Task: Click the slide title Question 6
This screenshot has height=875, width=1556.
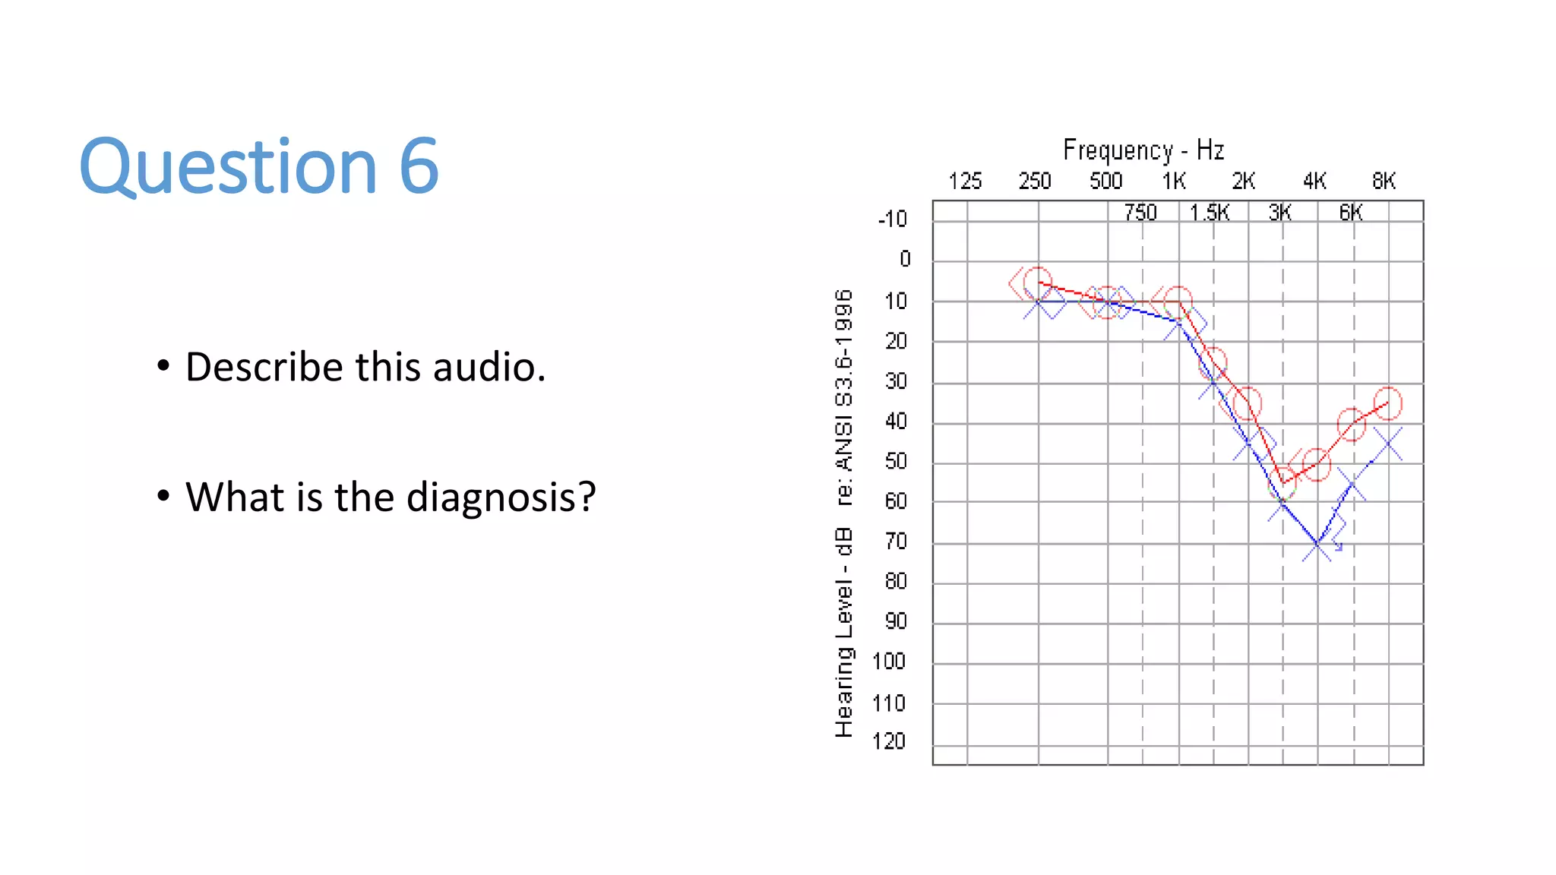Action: (259, 166)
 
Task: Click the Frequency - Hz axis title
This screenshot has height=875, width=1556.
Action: (1143, 150)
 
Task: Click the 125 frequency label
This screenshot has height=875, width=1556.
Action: (965, 182)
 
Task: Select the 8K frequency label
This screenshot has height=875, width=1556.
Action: (1384, 182)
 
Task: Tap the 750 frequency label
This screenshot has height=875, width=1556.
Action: (1140, 213)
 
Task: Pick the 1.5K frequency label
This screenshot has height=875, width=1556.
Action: (1209, 213)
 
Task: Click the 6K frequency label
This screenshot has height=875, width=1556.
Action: (1351, 213)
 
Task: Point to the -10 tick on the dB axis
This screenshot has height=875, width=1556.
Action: (893, 220)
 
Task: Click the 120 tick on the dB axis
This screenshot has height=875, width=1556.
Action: (889, 742)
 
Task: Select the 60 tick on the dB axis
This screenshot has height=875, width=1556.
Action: (896, 502)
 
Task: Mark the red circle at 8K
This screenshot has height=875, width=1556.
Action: (1388, 403)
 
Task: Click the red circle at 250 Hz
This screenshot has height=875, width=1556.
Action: (1037, 282)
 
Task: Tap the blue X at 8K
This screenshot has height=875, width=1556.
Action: (1388, 444)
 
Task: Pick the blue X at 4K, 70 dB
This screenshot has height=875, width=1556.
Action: (1317, 545)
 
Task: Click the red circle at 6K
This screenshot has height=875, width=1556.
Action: (1352, 424)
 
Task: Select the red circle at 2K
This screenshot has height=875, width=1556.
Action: (1248, 403)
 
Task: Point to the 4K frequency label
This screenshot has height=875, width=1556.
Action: (1314, 182)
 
